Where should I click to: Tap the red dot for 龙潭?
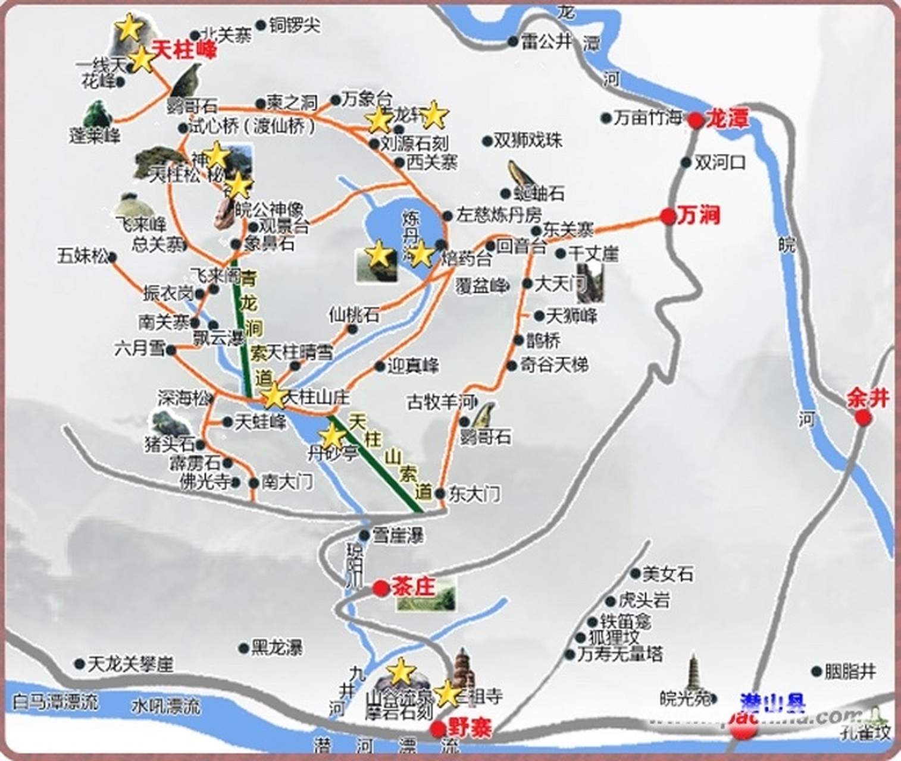click(x=696, y=121)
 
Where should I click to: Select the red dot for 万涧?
click(x=668, y=216)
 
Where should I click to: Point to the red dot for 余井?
click(x=863, y=417)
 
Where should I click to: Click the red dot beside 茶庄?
click(x=381, y=589)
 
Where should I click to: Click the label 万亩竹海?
click(x=647, y=118)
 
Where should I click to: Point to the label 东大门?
click(x=474, y=493)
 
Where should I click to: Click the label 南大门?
click(x=287, y=482)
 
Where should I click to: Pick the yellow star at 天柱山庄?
click(x=274, y=397)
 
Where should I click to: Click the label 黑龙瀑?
click(x=277, y=647)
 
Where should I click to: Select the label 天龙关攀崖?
click(x=130, y=663)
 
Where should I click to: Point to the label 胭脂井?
click(x=850, y=672)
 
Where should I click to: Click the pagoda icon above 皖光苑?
click(x=694, y=672)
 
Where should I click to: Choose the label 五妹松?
click(x=83, y=256)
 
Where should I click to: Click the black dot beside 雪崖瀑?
click(x=365, y=536)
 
